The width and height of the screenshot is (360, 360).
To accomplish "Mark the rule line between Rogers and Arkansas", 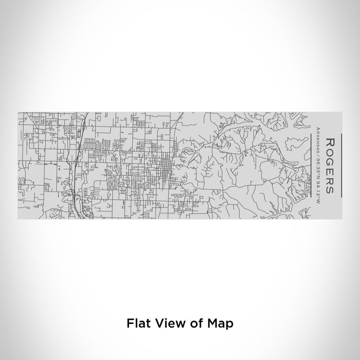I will pos(313,165).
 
